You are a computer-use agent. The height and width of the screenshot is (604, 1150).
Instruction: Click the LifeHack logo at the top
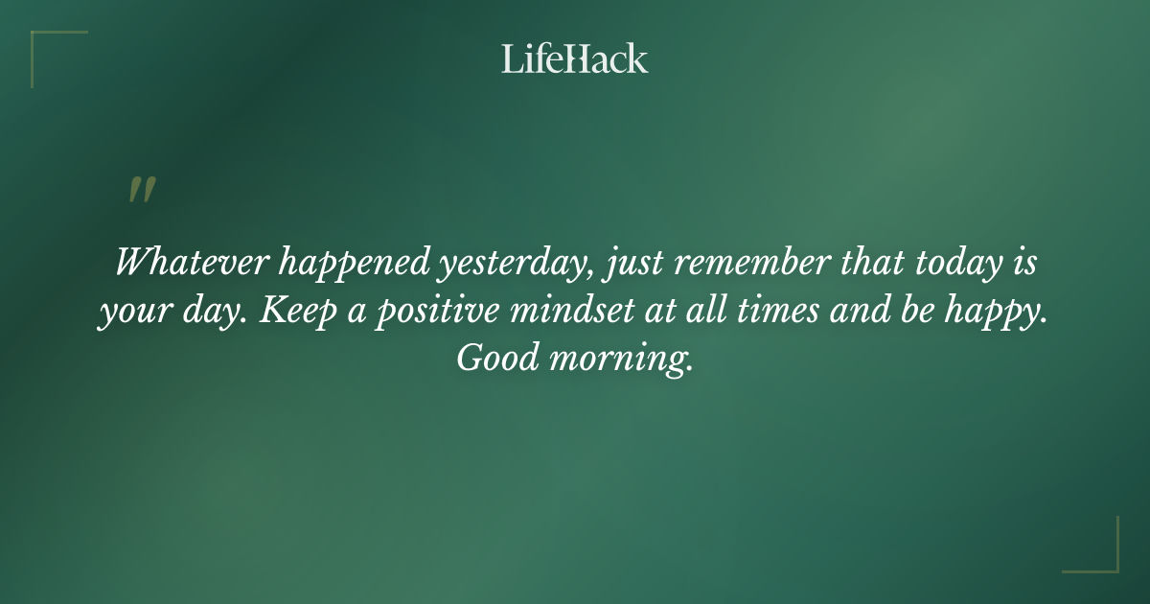click(x=575, y=58)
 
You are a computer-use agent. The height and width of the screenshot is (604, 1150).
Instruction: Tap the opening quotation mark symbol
click(x=141, y=191)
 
